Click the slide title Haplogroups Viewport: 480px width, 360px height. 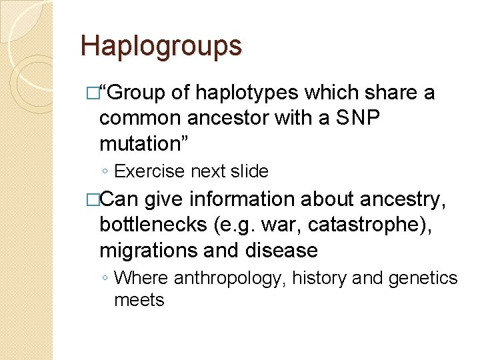[161, 46]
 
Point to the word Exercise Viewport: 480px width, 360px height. [149, 171]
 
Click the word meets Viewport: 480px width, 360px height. [139, 300]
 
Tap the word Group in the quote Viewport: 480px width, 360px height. [137, 93]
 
